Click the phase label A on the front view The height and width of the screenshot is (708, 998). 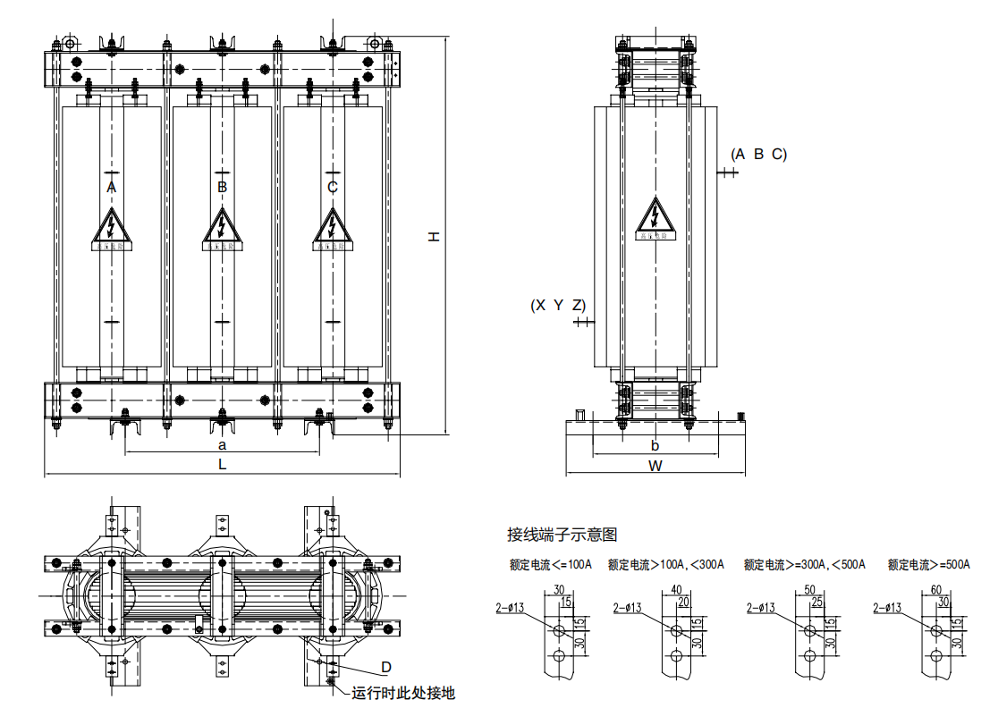[x=111, y=187]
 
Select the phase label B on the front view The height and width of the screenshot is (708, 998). [x=222, y=187]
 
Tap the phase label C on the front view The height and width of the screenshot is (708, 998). [x=333, y=187]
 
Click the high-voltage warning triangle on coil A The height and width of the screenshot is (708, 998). [x=111, y=227]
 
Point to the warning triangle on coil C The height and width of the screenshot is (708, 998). [x=333, y=227]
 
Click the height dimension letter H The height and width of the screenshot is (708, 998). [x=434, y=236]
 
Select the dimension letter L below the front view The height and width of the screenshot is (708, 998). [x=223, y=464]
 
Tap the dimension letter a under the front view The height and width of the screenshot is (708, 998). [x=223, y=444]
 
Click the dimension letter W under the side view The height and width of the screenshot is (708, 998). [x=655, y=466]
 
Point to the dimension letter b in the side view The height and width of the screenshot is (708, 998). [x=655, y=445]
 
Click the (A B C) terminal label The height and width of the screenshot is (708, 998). [x=758, y=155]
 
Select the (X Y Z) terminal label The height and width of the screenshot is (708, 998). [x=558, y=306]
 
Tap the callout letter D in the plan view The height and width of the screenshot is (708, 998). [x=386, y=667]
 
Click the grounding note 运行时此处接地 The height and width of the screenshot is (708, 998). [x=403, y=693]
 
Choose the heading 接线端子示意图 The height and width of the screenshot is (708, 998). [x=562, y=535]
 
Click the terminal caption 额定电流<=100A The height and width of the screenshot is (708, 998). [x=551, y=565]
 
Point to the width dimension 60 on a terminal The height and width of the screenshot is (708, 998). [x=936, y=590]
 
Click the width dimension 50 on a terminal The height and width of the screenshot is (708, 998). [x=810, y=590]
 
